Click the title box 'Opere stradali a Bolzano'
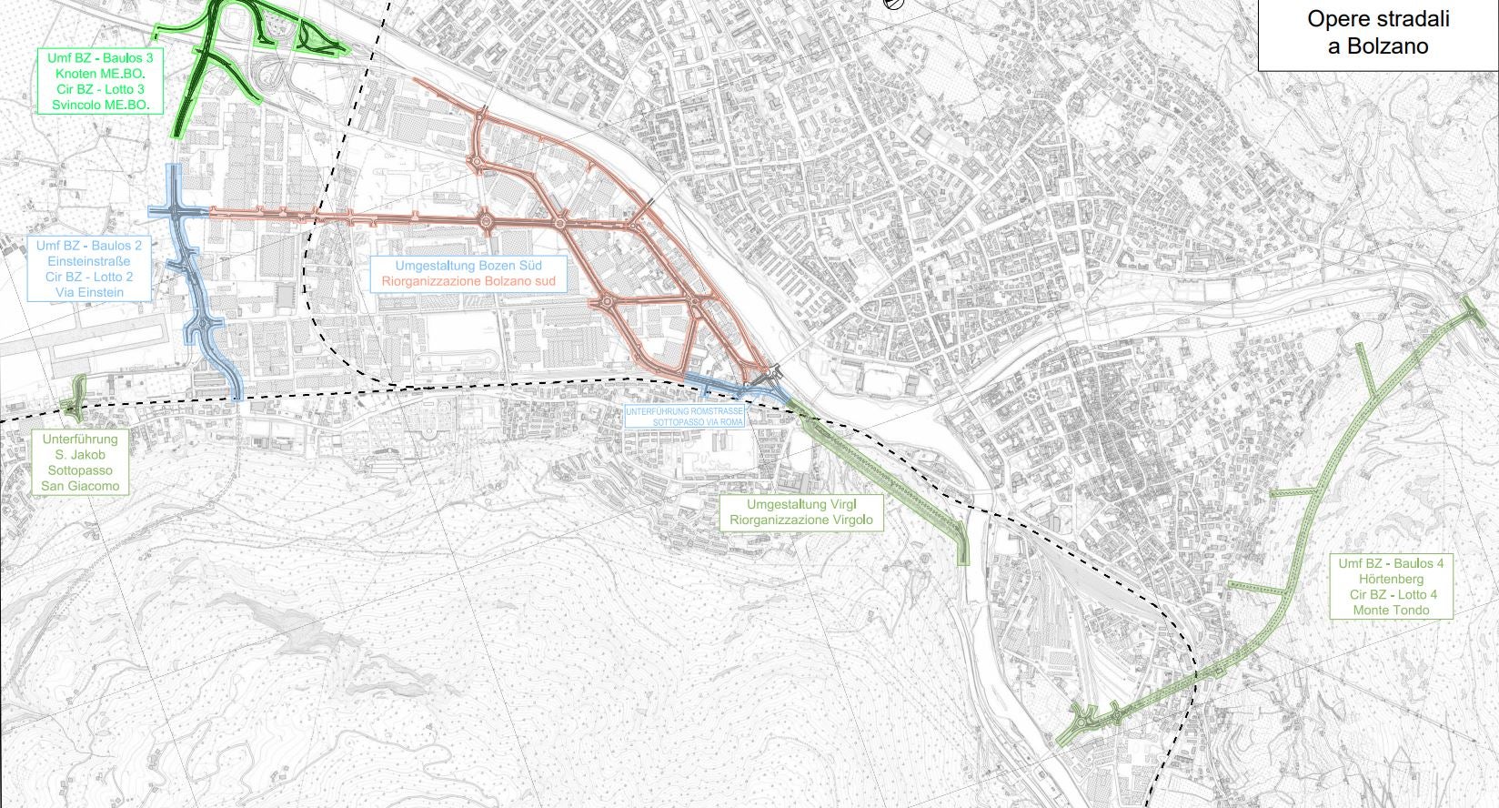pos(1377,34)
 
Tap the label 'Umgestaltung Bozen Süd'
pos(468,266)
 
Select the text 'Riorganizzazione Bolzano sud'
pos(468,281)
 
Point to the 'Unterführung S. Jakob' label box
pos(80,462)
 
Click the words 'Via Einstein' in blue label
pos(89,292)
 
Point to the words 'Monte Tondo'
pos(1391,610)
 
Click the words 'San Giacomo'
pos(80,486)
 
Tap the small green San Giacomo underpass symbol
pos(75,399)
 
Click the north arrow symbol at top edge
pos(894,4)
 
